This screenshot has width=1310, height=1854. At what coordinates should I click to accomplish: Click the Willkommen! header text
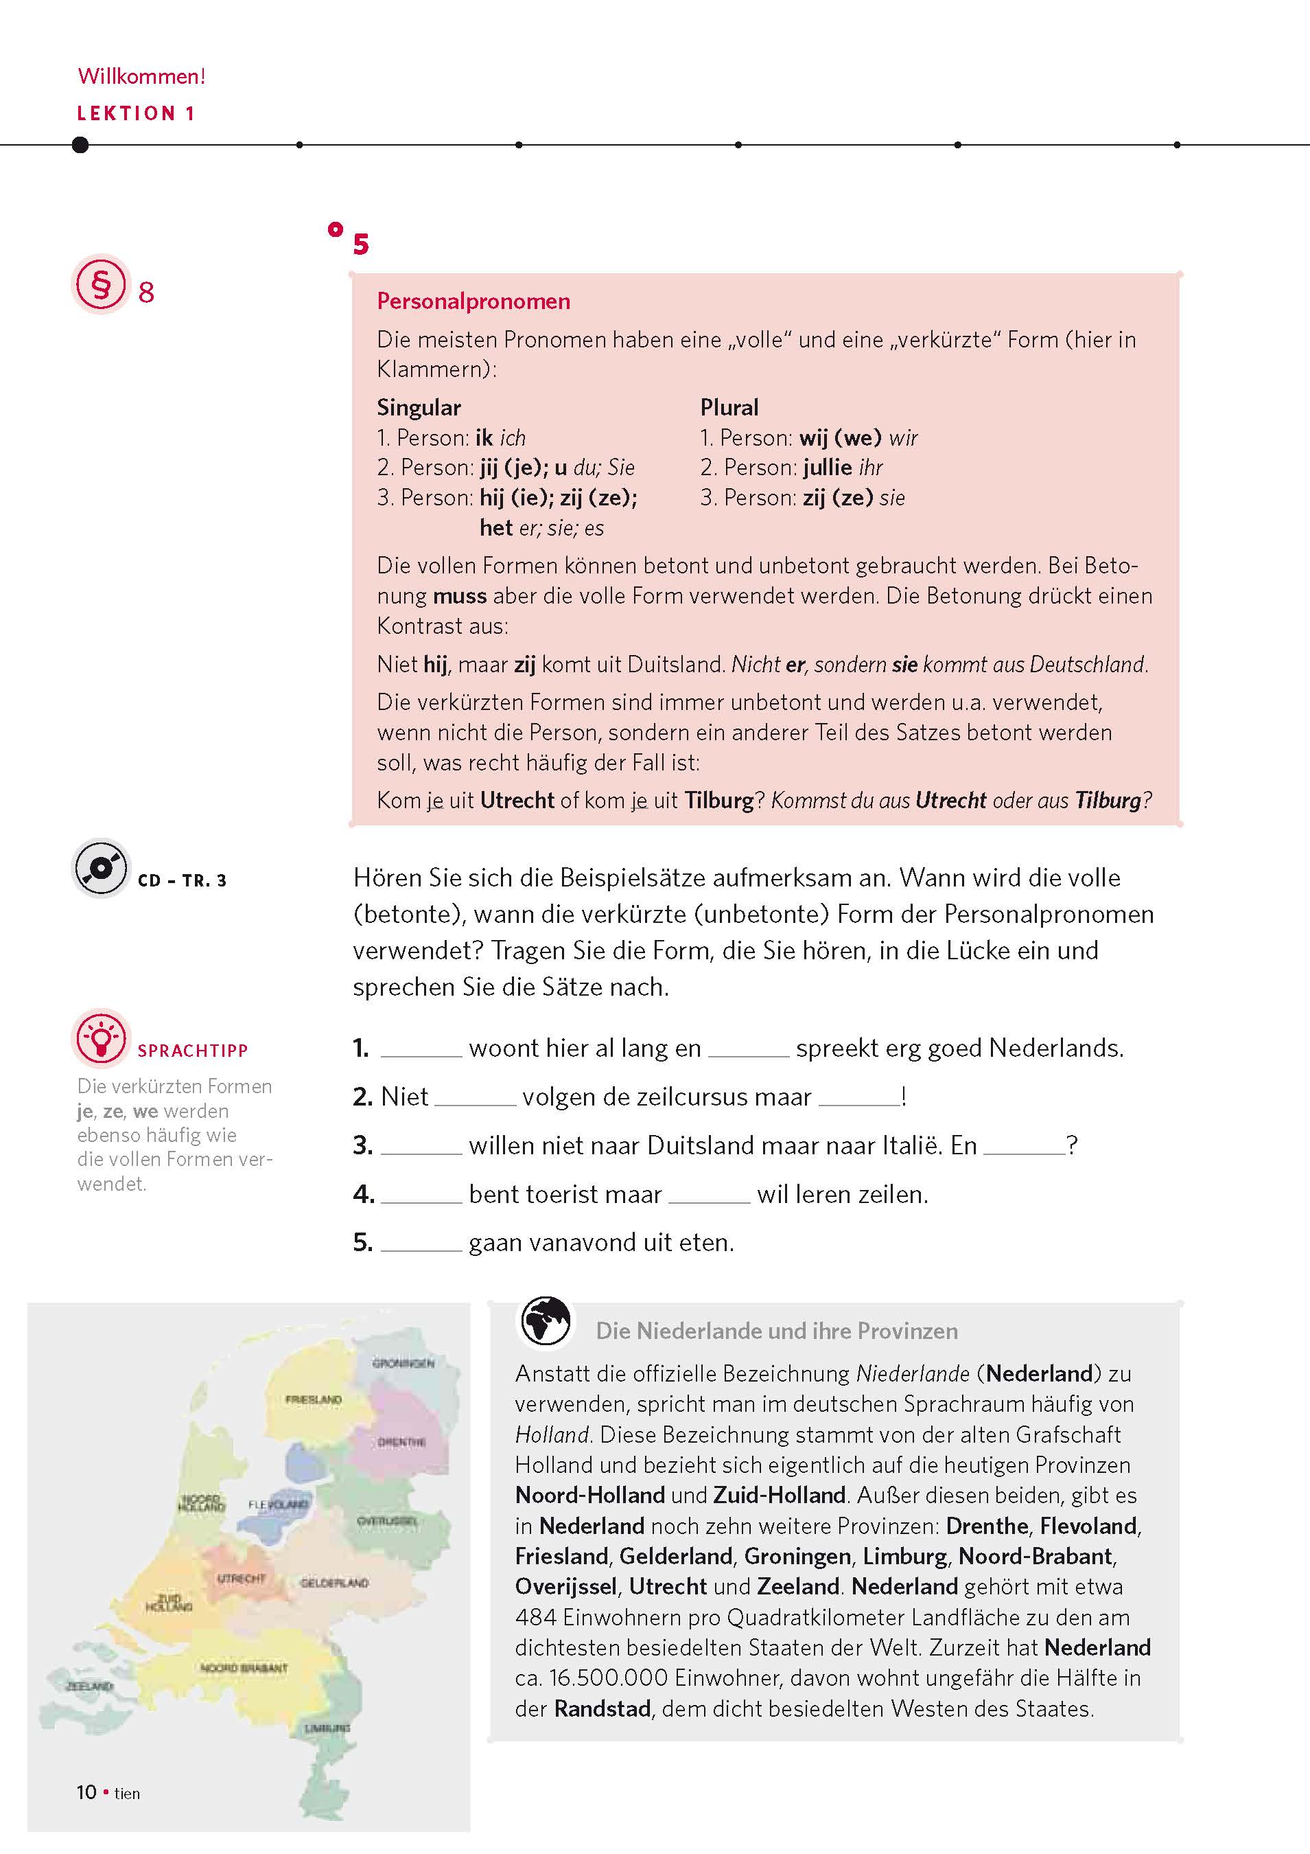coord(141,77)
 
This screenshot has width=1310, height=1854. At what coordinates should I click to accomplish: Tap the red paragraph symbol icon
coord(101,284)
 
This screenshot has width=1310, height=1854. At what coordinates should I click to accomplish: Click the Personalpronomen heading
coord(473,302)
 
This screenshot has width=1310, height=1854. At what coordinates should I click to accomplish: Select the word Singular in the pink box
coord(418,408)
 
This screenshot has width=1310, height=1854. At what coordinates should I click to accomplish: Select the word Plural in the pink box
coord(729,408)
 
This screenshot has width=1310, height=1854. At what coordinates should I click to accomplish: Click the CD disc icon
coord(101,868)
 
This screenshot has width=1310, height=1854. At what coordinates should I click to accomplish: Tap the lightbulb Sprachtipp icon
coord(101,1038)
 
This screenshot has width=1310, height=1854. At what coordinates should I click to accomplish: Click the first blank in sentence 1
coord(421,1050)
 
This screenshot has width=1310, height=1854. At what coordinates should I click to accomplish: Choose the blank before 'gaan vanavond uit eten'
coord(421,1244)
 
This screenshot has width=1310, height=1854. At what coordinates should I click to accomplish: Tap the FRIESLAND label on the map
coord(313,1399)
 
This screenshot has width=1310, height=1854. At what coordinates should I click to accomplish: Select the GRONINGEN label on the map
coord(403,1363)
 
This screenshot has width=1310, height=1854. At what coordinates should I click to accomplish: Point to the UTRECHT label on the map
coord(242,1579)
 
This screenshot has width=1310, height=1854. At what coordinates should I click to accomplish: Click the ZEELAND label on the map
coord(89,1686)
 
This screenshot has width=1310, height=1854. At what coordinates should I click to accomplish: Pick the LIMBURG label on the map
coord(327,1729)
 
